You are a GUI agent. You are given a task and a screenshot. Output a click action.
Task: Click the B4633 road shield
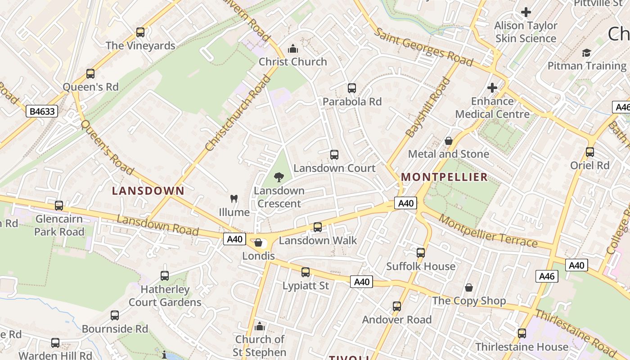42,111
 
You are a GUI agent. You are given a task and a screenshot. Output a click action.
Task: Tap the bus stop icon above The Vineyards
140,32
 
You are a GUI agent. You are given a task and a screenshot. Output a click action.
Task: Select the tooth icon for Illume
234,198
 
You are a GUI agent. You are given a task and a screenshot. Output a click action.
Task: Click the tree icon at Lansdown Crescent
279,177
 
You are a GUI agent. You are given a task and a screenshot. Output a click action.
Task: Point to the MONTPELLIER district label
445,177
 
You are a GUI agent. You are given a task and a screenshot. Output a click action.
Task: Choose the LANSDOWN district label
148,191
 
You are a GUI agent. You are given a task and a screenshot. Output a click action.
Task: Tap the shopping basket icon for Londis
258,243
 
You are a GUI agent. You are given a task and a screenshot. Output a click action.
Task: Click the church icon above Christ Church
293,49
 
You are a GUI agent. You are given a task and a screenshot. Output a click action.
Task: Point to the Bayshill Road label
427,108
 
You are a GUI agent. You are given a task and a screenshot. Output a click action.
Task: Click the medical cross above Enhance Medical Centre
492,87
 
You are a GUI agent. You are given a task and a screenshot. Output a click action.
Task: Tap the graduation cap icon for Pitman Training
586,53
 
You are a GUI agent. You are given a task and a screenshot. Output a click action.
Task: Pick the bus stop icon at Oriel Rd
590,152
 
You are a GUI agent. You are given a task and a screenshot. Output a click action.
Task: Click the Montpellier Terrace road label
488,231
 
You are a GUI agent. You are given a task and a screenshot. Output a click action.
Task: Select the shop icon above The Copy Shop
469,288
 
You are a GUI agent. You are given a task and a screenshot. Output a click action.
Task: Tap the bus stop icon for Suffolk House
421,253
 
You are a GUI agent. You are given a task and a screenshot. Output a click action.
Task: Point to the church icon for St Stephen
260,326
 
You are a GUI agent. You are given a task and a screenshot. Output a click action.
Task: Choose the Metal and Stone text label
448,154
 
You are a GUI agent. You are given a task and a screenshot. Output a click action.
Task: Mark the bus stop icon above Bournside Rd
115,315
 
